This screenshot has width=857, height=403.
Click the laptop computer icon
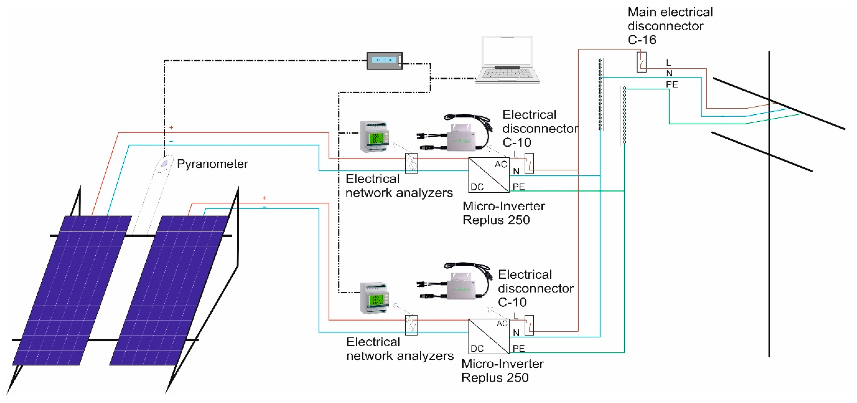(507, 60)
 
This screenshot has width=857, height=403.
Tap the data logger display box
(384, 61)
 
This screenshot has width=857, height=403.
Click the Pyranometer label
(212, 164)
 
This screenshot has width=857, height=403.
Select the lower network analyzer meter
(375, 298)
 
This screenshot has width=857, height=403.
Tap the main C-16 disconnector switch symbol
(641, 62)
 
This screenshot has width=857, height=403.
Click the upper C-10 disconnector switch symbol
(529, 163)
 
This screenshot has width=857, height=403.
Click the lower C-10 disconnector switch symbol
(529, 325)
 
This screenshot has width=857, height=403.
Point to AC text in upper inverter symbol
(501, 165)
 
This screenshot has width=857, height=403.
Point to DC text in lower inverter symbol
(477, 349)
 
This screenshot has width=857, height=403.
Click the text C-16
(642, 40)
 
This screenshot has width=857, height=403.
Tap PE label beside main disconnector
(672, 85)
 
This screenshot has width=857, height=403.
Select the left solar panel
(72, 290)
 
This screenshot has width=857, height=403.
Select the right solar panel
(168, 290)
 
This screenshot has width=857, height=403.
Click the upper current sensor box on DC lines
(411, 163)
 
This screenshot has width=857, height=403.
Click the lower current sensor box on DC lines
(411, 325)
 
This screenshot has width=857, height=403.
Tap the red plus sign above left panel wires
(171, 128)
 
